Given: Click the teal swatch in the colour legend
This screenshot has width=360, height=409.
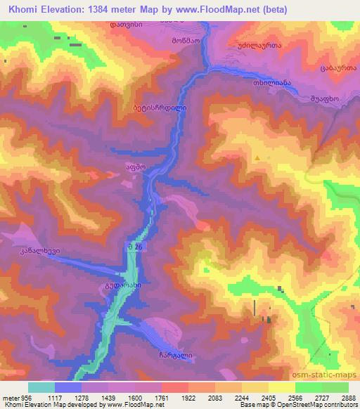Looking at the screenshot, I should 41,387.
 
